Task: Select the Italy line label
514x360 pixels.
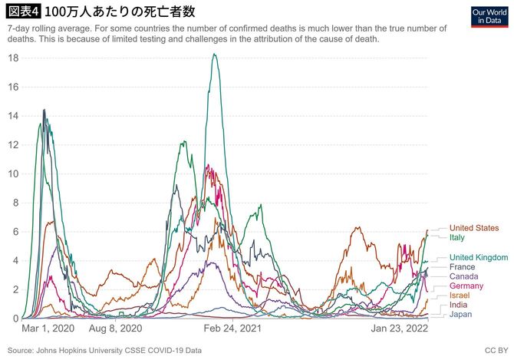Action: pos(458,237)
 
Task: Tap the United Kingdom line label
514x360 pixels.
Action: pos(478,257)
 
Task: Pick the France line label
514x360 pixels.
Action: pos(462,266)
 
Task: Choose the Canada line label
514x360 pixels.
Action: pos(463,276)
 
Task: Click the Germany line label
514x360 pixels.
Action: pos(466,286)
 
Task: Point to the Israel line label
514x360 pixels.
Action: pos(460,296)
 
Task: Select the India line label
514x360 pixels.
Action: pos(459,306)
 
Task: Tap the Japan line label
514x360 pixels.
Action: pos(460,315)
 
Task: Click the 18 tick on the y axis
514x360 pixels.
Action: pos(13,58)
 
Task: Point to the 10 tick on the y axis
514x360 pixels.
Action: pos(13,173)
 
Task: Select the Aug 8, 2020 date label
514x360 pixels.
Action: pos(116,329)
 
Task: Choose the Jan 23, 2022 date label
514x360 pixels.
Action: pos(400,329)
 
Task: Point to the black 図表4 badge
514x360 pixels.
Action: pos(24,13)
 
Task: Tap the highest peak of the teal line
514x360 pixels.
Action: pos(214,54)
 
